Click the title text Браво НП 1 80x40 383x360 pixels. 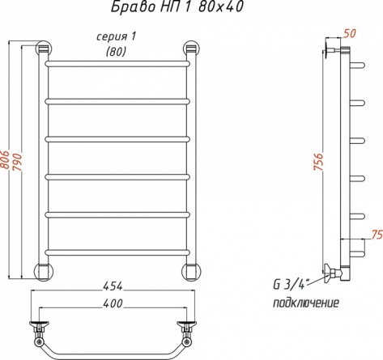[177, 7]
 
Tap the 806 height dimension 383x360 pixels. [6, 159]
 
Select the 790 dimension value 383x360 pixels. [17, 162]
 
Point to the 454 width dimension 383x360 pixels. [113, 286]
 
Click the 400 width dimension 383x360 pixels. [113, 303]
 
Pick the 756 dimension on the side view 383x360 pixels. [318, 162]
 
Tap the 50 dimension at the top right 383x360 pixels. [350, 33]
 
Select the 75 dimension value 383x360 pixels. [377, 235]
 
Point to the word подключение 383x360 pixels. [306, 303]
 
